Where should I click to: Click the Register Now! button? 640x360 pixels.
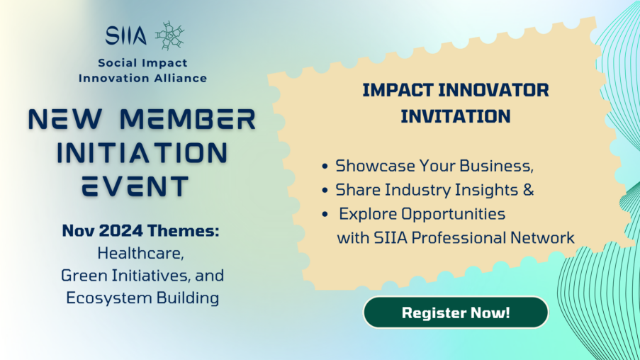(456, 313)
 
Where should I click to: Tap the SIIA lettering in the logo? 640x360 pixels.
(125, 35)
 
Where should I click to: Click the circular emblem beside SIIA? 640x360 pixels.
(170, 35)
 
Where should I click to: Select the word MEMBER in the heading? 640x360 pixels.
(188, 120)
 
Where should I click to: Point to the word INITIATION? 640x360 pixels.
(142, 152)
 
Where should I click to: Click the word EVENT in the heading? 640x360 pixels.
(135, 186)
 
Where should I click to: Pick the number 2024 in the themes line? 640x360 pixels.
(120, 230)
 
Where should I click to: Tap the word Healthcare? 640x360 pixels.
(141, 254)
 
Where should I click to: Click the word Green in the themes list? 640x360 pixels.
(84, 276)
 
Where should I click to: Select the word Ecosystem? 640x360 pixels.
(109, 298)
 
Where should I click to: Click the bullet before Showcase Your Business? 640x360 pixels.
(325, 167)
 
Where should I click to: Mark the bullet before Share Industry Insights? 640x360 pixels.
(325, 190)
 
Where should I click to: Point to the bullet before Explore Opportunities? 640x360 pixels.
(325, 214)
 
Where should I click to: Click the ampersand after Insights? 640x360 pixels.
(528, 190)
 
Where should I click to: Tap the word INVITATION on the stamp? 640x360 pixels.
(456, 116)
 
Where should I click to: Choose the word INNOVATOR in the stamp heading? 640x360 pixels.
(493, 90)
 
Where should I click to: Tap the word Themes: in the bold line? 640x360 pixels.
(184, 230)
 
